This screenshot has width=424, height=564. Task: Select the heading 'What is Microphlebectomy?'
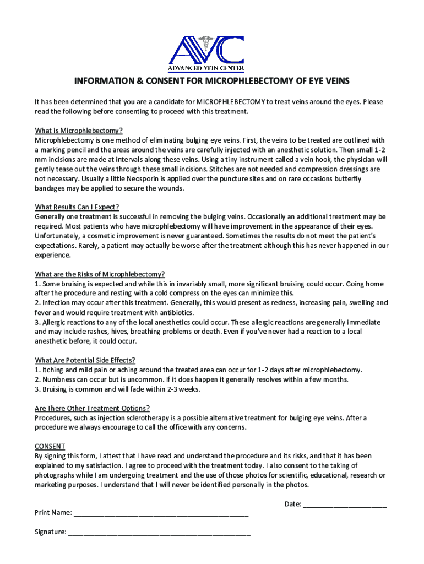pos(79,131)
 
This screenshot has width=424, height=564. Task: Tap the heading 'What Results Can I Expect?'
pos(77,207)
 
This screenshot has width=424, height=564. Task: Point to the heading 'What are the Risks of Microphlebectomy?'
pos(100,274)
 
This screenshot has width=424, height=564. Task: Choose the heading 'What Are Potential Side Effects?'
pos(85,360)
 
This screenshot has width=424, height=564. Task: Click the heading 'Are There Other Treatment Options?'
pos(92,408)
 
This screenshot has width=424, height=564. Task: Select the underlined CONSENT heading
pos(50,446)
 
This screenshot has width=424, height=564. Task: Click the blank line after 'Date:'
pos(345,505)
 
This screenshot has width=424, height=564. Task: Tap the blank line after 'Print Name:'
pos(161,513)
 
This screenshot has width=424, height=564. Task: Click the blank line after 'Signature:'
pos(159,533)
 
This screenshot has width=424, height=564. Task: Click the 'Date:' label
pos(292,504)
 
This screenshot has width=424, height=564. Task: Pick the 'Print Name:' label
pos(53,513)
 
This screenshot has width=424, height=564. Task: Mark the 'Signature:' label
pos(51,532)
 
